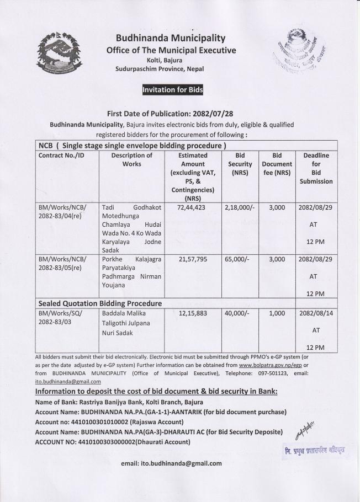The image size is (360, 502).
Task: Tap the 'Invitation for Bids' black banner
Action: tap(172, 90)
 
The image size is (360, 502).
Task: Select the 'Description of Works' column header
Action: tap(131, 160)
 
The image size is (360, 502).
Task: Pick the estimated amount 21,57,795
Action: tap(193, 259)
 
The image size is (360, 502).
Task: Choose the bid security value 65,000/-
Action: tap(238, 259)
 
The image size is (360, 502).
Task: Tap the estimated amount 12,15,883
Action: tap(193, 313)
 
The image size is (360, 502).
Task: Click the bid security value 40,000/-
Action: tap(238, 313)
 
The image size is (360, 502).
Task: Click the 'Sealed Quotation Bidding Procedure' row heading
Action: tap(100, 303)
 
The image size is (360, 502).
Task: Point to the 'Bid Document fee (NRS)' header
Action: tap(277, 164)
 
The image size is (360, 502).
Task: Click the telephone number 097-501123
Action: tap(253, 373)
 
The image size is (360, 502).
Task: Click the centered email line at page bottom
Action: tap(171, 463)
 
